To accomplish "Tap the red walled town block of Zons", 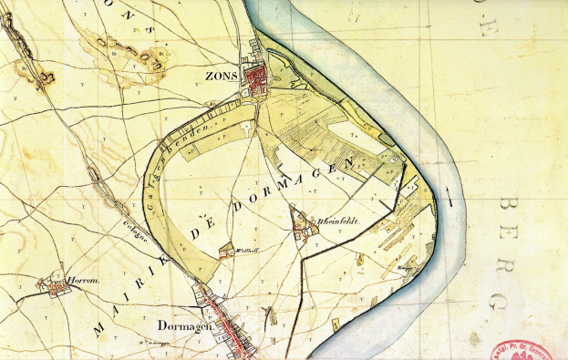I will tap(256, 78).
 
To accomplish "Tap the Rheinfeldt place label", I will tap(334, 221).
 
